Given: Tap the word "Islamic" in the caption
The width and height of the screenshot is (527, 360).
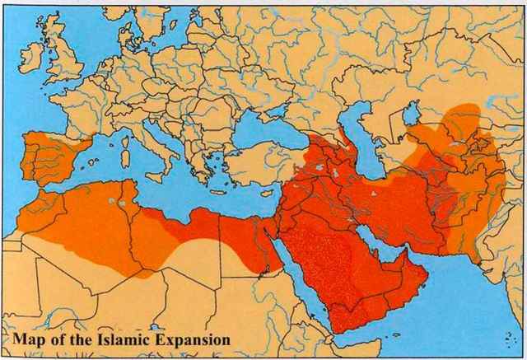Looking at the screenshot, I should [x=120, y=338].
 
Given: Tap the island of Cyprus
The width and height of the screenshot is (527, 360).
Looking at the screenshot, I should [x=268, y=187].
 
